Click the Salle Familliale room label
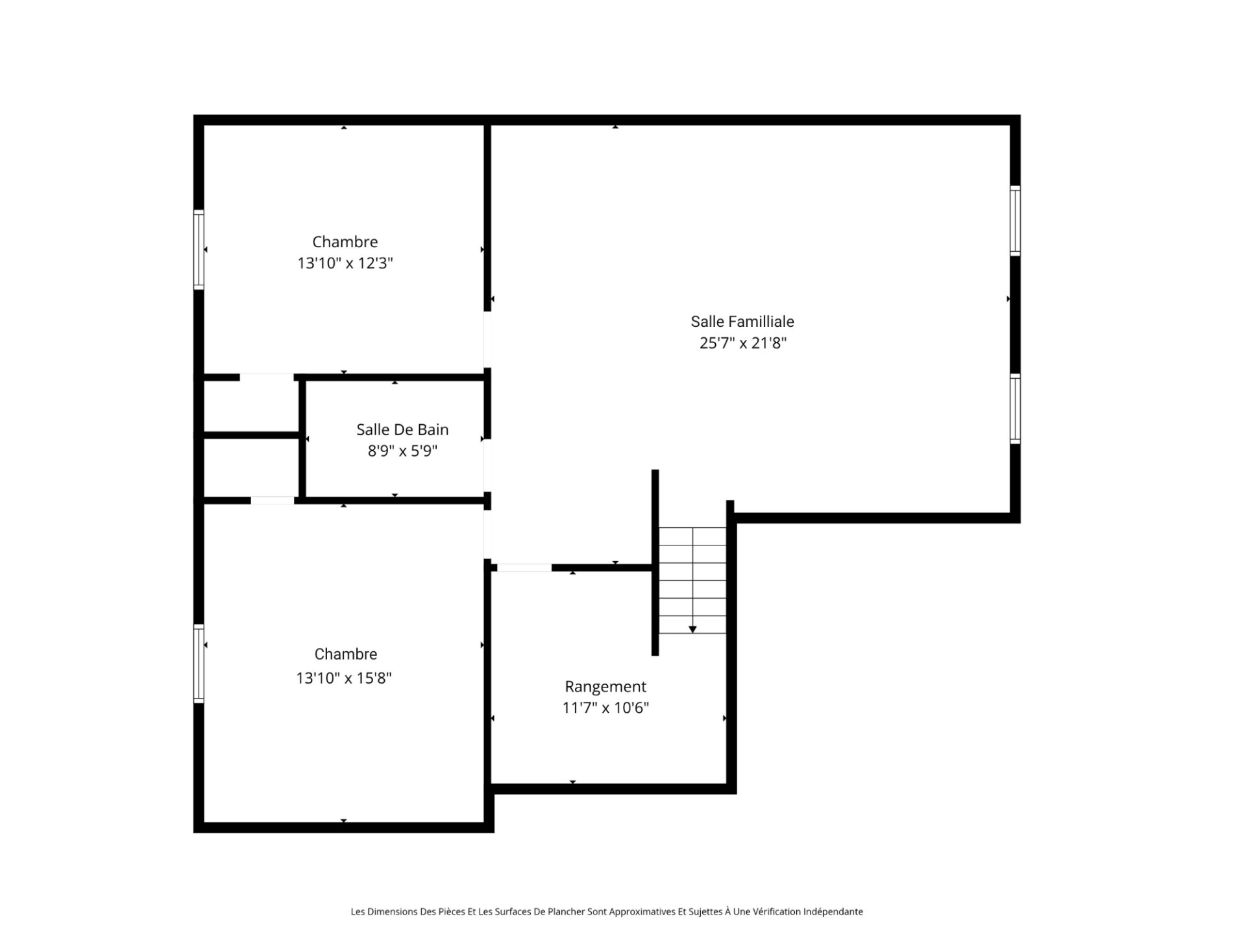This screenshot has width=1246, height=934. click(x=742, y=322)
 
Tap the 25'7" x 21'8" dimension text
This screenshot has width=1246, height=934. click(x=743, y=343)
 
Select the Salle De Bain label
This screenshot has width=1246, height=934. click(x=402, y=429)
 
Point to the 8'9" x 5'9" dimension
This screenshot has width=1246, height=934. click(x=402, y=451)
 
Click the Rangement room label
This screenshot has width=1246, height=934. click(x=605, y=687)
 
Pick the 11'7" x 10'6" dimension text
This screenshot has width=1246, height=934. click(x=605, y=708)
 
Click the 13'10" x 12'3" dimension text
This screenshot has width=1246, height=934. click(x=345, y=263)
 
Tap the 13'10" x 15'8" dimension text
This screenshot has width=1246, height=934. click(x=344, y=678)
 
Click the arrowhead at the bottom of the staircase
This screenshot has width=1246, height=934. click(x=692, y=629)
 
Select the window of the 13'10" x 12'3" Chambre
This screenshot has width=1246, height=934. click(x=199, y=250)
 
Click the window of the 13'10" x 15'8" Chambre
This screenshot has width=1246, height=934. click(x=199, y=664)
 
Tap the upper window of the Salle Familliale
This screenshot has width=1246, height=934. click(x=1015, y=221)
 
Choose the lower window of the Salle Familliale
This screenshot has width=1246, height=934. click(x=1015, y=409)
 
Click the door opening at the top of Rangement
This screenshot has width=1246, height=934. click(x=524, y=568)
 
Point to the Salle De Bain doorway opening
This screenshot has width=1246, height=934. click(x=487, y=465)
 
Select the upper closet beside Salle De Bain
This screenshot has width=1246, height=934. click(x=250, y=406)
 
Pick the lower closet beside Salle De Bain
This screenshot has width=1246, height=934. click(x=250, y=468)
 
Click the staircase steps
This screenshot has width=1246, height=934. click(x=692, y=581)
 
